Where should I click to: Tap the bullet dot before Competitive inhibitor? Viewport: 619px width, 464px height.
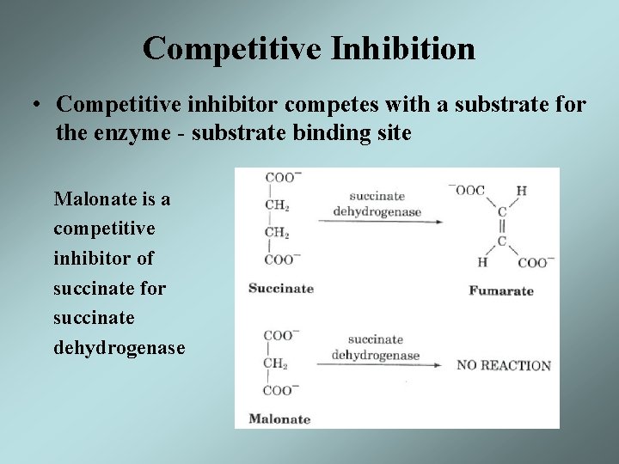(x=39, y=106)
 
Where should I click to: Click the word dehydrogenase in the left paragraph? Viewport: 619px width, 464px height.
(x=119, y=348)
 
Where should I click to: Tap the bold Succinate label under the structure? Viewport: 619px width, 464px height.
(x=280, y=288)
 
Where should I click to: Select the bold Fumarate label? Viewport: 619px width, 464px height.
(x=500, y=290)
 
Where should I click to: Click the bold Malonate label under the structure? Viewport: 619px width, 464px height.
(x=279, y=419)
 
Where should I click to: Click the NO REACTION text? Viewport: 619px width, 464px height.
(x=504, y=365)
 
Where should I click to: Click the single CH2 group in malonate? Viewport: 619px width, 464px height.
(x=277, y=363)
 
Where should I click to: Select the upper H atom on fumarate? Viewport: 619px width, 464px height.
(x=521, y=191)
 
